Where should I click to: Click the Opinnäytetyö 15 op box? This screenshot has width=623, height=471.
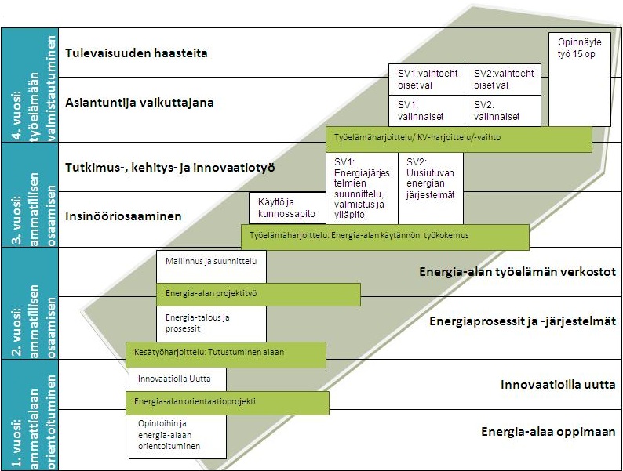click(579, 78)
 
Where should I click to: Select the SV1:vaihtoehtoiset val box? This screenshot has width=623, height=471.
click(426, 79)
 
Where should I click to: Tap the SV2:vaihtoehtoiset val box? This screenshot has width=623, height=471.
click(502, 79)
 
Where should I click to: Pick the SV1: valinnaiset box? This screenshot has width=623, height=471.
click(426, 111)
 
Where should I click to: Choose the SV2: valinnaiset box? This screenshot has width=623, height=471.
click(502, 111)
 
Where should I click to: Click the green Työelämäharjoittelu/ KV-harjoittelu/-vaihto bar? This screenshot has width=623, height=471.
click(458, 139)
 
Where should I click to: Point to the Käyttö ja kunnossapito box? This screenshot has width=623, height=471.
click(286, 208)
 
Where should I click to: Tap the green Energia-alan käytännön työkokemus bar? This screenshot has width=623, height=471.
click(384, 235)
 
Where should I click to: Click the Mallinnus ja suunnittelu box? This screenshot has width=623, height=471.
click(212, 266)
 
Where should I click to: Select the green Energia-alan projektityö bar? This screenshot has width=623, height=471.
click(258, 294)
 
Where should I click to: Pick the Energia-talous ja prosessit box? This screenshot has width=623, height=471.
click(212, 323)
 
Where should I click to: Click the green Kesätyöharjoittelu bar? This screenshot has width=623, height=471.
click(225, 353)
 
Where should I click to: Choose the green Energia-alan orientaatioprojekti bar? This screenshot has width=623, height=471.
click(227, 402)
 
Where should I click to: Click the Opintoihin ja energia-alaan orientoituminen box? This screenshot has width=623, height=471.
click(178, 436)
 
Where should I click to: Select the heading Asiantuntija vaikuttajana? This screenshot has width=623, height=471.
click(140, 102)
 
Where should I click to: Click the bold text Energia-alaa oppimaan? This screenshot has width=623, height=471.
click(548, 432)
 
